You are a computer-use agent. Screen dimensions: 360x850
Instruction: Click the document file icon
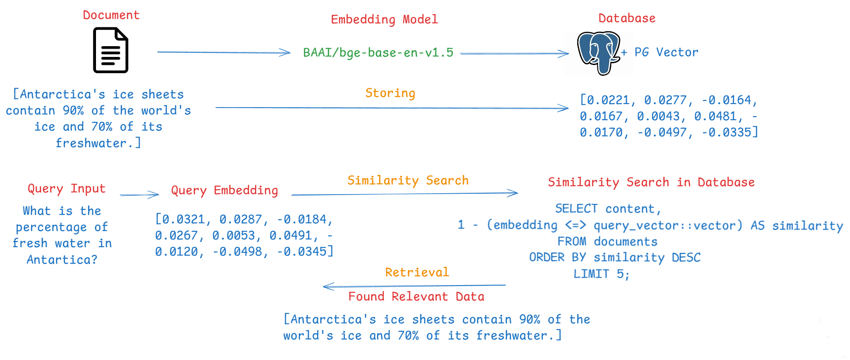point(110,50)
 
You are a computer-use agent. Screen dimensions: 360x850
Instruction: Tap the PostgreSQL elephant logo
point(598,52)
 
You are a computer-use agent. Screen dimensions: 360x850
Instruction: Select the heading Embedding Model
point(384,19)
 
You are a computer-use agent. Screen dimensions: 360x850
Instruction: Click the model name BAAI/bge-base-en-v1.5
point(378,52)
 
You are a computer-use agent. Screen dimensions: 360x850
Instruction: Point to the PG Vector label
point(666,52)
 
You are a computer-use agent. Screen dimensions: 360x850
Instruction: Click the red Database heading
point(627,18)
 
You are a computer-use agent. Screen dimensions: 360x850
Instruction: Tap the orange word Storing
point(390,93)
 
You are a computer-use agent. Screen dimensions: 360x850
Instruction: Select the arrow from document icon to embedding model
point(223,52)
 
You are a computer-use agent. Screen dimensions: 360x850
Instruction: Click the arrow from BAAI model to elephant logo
point(514,53)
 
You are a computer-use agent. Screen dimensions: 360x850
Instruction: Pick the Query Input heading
point(66,188)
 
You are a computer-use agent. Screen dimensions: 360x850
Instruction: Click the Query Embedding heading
point(224,190)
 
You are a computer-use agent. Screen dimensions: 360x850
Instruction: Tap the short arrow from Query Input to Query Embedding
point(139,195)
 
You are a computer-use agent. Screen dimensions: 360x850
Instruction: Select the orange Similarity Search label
point(408,180)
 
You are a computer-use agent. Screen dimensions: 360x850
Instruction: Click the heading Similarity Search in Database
point(651,182)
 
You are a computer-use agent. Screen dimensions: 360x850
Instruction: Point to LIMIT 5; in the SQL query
point(601,274)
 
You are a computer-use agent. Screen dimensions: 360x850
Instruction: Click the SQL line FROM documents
point(607,241)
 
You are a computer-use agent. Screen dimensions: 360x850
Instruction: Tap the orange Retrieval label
point(417,272)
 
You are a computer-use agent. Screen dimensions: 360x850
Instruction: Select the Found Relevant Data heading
point(416,296)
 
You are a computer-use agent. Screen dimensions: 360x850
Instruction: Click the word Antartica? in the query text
point(62,260)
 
